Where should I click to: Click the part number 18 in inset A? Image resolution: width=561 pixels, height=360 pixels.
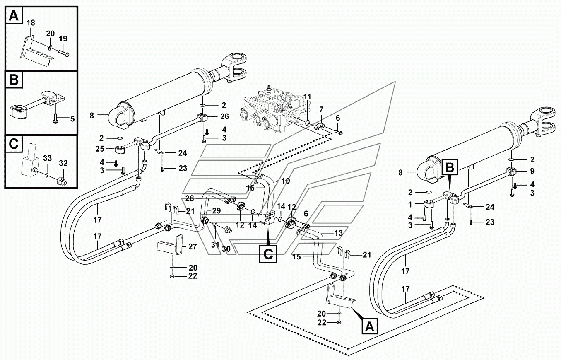[x=31, y=23]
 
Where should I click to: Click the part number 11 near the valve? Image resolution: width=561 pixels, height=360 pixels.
[x=307, y=96]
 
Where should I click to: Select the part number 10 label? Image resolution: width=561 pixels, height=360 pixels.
[x=285, y=180]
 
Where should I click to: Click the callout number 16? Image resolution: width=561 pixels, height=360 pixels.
[x=250, y=188]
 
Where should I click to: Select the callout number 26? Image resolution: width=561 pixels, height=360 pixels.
[x=224, y=116]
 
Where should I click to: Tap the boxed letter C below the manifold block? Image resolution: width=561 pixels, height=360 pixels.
[x=268, y=253]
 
